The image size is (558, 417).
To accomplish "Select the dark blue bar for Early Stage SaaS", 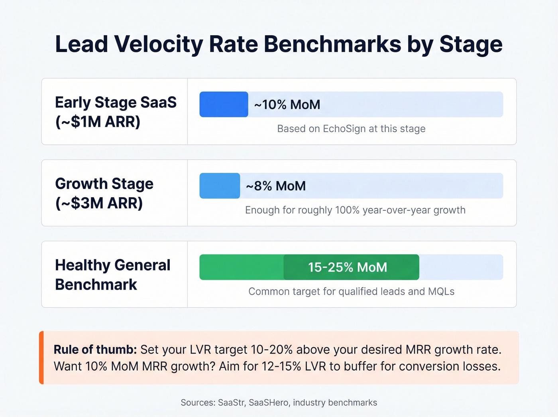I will coord(224,105).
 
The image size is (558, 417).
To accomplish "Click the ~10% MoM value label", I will coord(287,105).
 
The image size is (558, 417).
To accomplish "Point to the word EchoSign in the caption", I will coord(344,129).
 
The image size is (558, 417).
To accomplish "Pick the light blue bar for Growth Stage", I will coord(220,186).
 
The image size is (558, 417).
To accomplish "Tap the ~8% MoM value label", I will coord(276,186).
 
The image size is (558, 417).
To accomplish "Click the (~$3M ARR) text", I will coord(99,204).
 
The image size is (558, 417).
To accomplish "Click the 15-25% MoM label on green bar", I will coord(347,267).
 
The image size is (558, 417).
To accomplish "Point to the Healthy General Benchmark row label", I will coord(112,275).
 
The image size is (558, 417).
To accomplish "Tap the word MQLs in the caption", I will coord(441,292).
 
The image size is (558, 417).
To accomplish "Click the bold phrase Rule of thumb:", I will coord(95,350).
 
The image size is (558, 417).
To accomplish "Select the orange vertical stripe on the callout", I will coord(41,358).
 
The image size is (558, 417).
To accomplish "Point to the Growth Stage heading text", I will coord(104,184).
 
